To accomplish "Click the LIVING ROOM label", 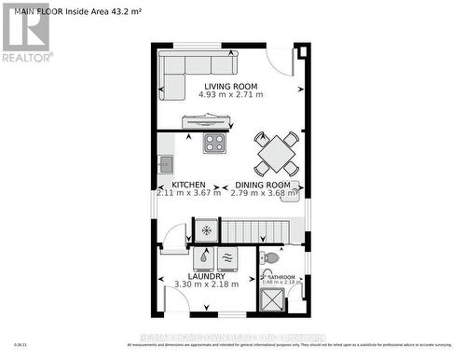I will pyautogui.click(x=230, y=87).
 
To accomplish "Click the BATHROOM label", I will pyautogui.click(x=280, y=277).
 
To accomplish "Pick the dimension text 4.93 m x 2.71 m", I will pyautogui.click(x=230, y=95).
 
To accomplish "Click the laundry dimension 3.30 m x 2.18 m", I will pyautogui.click(x=206, y=284).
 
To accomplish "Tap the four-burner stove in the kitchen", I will pyautogui.click(x=215, y=144).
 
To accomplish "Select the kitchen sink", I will pyautogui.click(x=165, y=165).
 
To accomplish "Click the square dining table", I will pyautogui.click(x=277, y=153).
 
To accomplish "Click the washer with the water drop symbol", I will pyautogui.click(x=204, y=256).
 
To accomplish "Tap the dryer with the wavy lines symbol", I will pyautogui.click(x=227, y=256).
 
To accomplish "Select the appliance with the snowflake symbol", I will pyautogui.click(x=205, y=229).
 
